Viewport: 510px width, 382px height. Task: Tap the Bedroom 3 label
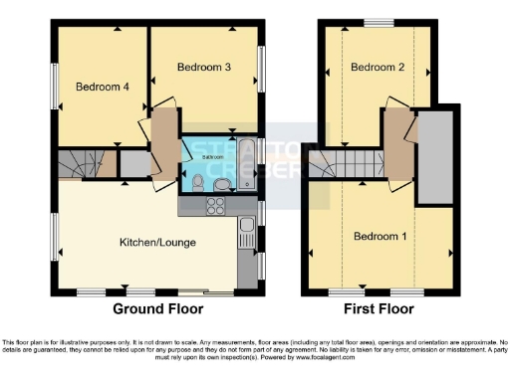[204, 67]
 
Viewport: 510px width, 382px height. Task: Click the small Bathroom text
[213, 157]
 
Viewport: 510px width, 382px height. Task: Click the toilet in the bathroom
[199, 181]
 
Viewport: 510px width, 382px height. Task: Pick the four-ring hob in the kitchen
[215, 206]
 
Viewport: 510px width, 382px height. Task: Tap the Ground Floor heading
[151, 308]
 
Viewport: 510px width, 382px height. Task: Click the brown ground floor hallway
[162, 139]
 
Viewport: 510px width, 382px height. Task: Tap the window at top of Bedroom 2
[377, 22]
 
